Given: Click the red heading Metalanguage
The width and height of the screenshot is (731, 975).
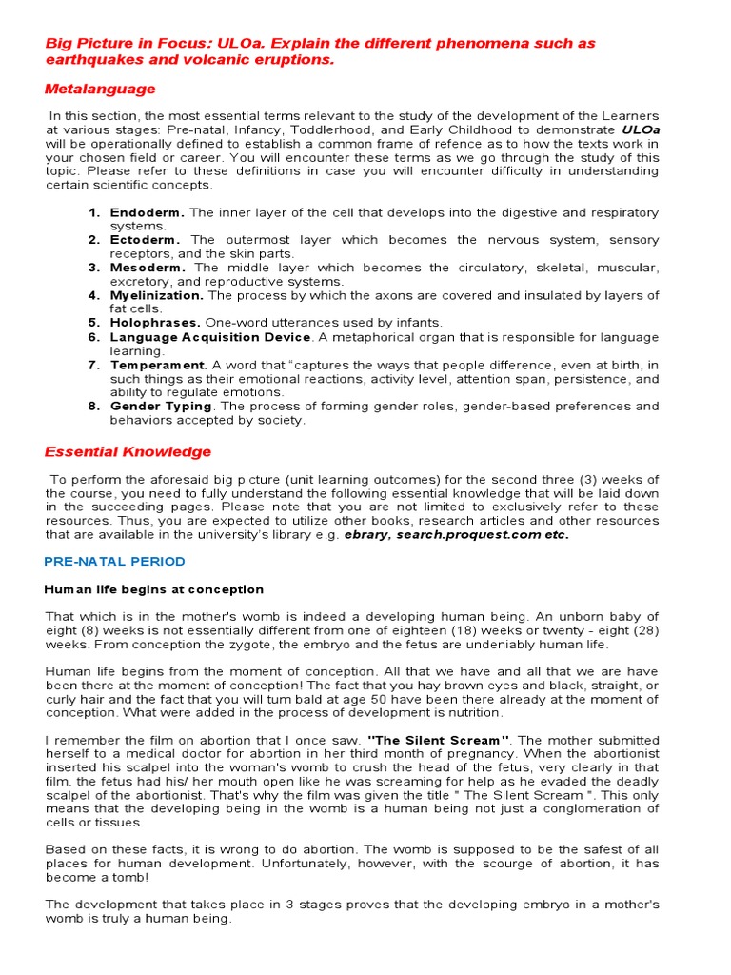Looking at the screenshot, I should tap(100, 89).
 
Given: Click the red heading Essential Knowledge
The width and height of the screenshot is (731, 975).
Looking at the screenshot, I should tap(128, 451).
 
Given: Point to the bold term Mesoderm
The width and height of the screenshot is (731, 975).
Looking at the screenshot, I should tap(148, 268).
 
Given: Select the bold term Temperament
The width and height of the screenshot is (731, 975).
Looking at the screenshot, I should tap(159, 365).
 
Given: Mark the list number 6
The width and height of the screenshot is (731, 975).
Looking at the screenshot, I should tap(94, 337).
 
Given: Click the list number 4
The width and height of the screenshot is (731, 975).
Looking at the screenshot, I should tap(94, 295).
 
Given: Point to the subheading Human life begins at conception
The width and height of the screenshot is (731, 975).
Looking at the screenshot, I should tap(153, 589).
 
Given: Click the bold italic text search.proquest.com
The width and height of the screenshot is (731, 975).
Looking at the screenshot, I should tap(465, 534).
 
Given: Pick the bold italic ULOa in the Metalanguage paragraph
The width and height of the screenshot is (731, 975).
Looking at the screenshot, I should tap(640, 129).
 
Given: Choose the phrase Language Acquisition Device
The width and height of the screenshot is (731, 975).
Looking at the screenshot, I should tap(210, 337).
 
